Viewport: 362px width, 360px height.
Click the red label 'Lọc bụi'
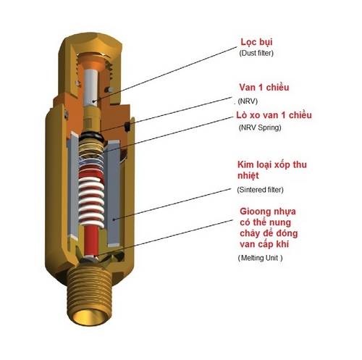pyautogui.click(x=256, y=43)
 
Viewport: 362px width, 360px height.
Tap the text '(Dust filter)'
pyautogui.click(x=256, y=53)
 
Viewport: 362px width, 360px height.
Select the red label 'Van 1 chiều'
pyautogui.click(x=264, y=88)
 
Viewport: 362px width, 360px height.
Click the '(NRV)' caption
pyautogui.click(x=248, y=101)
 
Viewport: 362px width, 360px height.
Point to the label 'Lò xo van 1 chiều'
pyautogui.click(x=274, y=115)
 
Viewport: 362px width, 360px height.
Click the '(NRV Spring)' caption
pyautogui.click(x=260, y=127)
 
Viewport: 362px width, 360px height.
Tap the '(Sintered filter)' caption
pyautogui.click(x=260, y=190)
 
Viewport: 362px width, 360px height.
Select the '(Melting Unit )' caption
pyautogui.click(x=260, y=258)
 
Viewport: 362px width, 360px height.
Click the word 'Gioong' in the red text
pyautogui.click(x=255, y=212)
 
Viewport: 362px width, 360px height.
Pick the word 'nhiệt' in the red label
pyautogui.click(x=248, y=175)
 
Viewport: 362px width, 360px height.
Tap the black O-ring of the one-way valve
pyautogui.click(x=91, y=137)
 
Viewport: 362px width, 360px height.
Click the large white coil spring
pyautogui.click(x=91, y=200)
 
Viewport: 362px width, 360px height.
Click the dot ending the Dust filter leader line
pyautogui.click(x=93, y=101)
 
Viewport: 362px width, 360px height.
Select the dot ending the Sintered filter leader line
pyautogui.click(x=113, y=219)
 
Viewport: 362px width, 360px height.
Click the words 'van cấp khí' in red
pyautogui.click(x=264, y=244)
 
